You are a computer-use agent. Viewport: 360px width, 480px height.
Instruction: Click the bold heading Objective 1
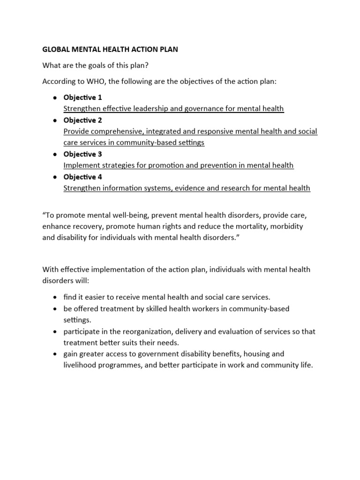(82, 97)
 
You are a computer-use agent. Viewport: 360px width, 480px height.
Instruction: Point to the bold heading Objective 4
(82, 177)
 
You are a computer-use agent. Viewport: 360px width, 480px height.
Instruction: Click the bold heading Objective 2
(82, 120)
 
